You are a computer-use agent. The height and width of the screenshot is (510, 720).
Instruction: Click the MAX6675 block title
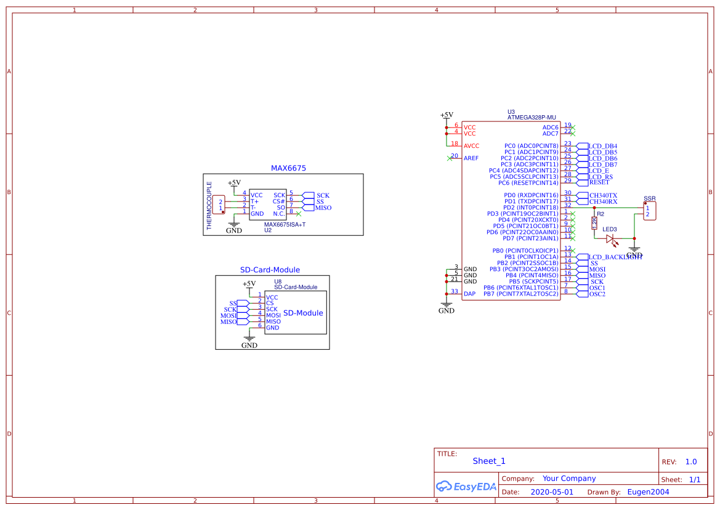tap(288, 168)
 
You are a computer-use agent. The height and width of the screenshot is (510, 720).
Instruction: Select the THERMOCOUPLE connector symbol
tap(219, 204)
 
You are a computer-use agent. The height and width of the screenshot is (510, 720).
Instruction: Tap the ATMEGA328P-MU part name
tap(532, 117)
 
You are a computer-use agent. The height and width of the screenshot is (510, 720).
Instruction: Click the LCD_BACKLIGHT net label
tap(615, 257)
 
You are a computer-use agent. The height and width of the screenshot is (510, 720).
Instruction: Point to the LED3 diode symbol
tap(610, 238)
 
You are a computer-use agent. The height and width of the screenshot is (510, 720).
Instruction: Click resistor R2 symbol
tap(594, 223)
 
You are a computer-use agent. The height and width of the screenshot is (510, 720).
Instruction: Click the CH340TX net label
tap(603, 195)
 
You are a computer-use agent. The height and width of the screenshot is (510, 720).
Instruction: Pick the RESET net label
tap(599, 182)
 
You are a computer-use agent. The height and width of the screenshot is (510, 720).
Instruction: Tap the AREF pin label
tap(471, 158)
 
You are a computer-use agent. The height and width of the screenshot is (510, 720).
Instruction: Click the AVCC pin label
tap(471, 146)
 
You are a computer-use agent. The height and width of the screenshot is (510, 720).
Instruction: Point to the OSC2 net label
tap(597, 294)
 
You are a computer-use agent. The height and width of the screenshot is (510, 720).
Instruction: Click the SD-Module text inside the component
tap(303, 313)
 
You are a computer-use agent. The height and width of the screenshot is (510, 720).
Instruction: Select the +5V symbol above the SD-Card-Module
tap(249, 284)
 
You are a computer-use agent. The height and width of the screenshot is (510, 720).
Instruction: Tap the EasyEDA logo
tap(466, 487)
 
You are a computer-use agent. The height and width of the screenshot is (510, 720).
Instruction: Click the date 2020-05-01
tap(552, 492)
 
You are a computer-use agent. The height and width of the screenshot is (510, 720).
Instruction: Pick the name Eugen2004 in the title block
tap(648, 492)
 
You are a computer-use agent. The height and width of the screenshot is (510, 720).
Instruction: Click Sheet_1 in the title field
tap(489, 461)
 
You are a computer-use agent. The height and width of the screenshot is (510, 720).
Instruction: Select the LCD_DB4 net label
tap(602, 146)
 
